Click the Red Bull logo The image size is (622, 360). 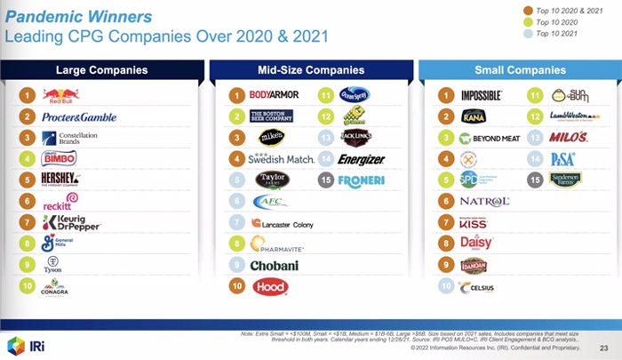(61, 95)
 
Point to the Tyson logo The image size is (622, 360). (54, 264)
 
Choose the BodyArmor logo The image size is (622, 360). (274, 95)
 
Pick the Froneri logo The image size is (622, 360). (359, 180)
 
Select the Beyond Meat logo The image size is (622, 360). (490, 138)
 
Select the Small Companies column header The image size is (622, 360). (520, 69)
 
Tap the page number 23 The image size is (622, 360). (604, 348)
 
